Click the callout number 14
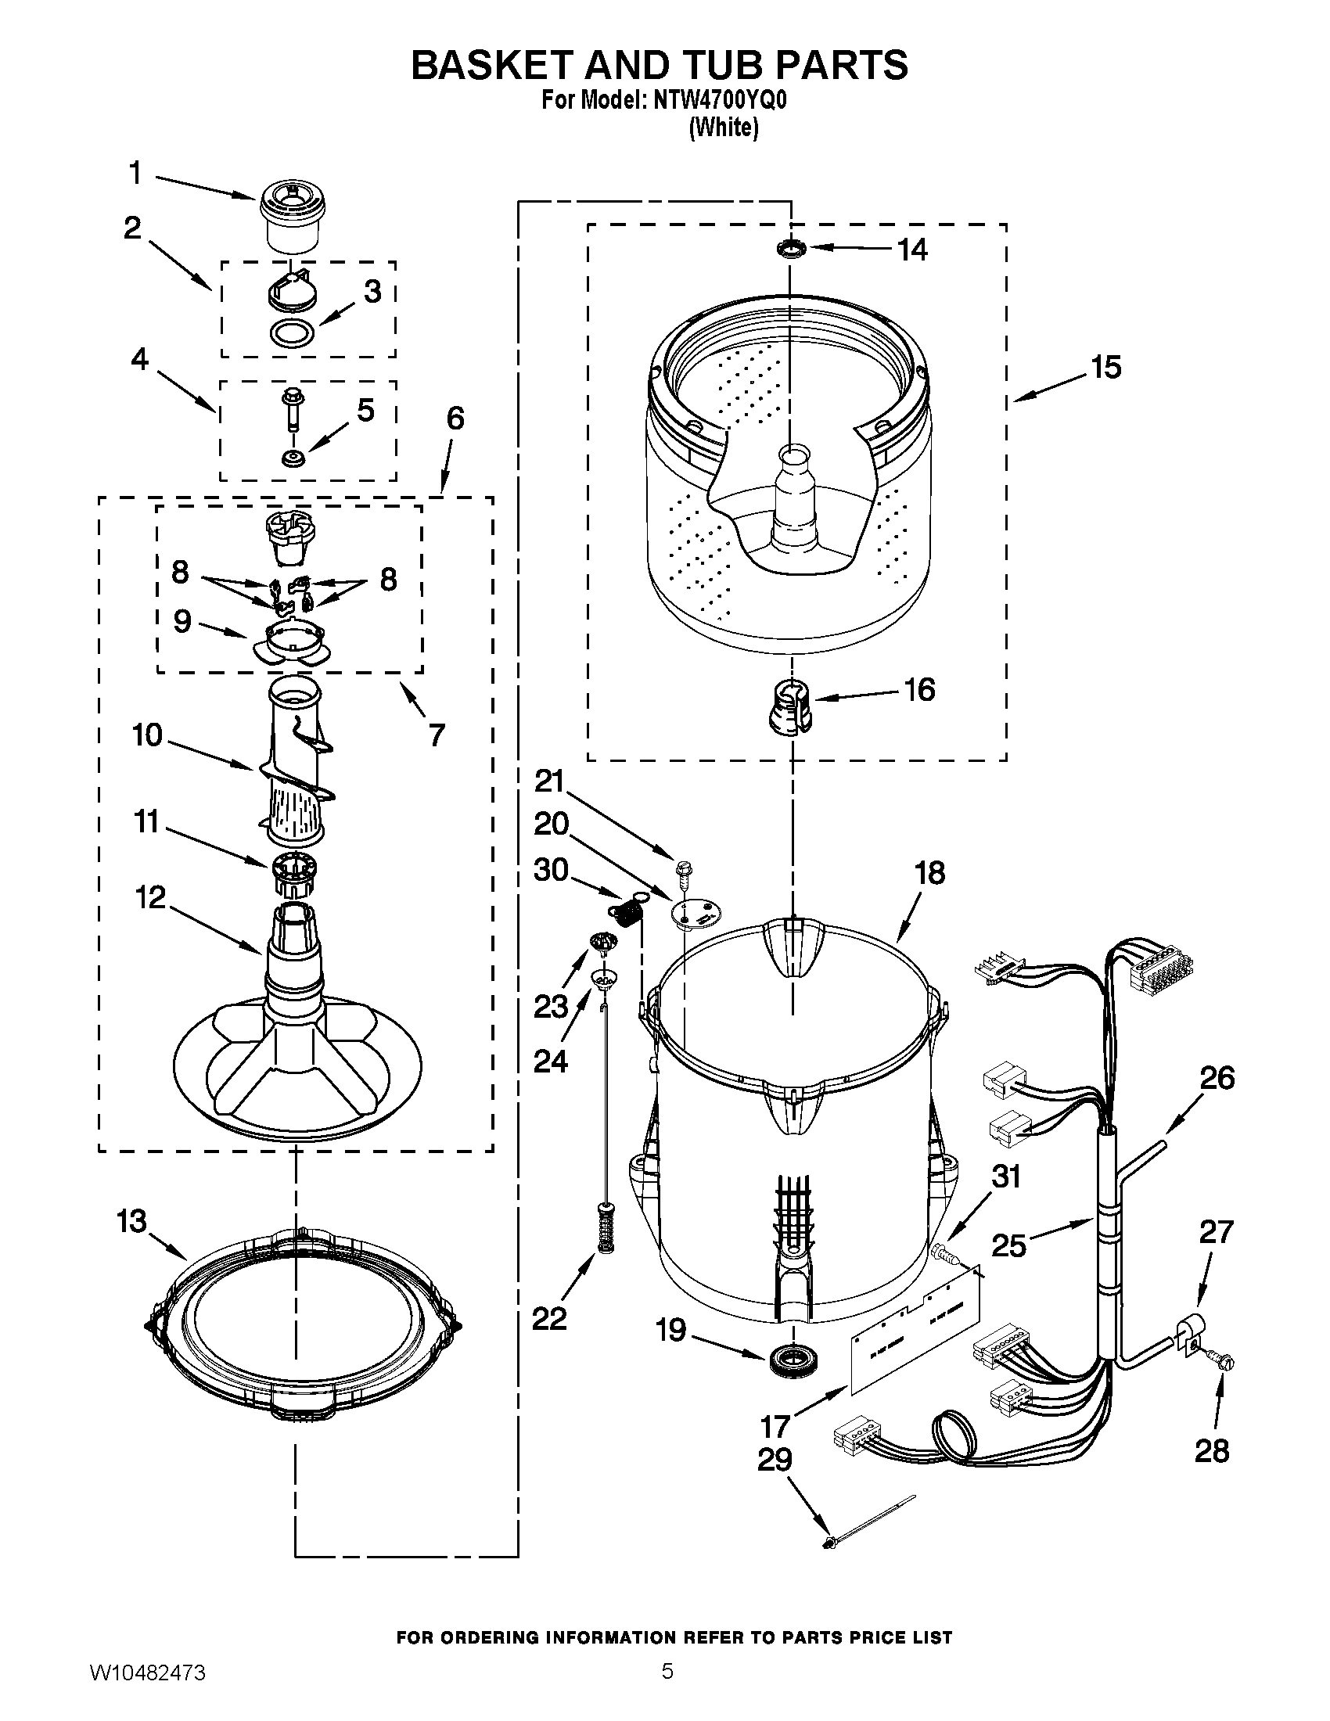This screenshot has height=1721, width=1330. click(912, 250)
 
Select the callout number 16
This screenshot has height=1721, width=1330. click(919, 689)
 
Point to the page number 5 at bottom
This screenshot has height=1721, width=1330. click(667, 1688)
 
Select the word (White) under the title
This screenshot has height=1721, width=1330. click(723, 128)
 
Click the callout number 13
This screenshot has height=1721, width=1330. click(131, 1221)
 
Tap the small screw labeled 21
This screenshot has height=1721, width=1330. click(680, 871)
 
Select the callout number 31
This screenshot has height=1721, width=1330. click(1005, 1198)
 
